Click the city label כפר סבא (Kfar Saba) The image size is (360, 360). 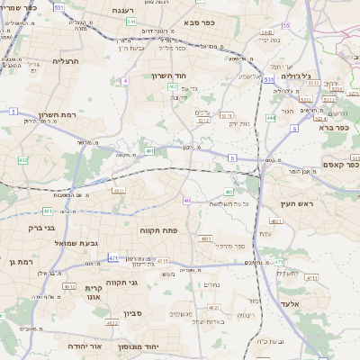[204, 21]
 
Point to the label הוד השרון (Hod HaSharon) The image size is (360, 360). [167, 76]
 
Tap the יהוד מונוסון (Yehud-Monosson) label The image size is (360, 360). [163, 346]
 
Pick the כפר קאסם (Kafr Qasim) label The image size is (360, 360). [341, 165]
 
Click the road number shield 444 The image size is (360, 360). [271, 118]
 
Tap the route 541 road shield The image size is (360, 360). [131, 21]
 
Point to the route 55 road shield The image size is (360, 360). [285, 25]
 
